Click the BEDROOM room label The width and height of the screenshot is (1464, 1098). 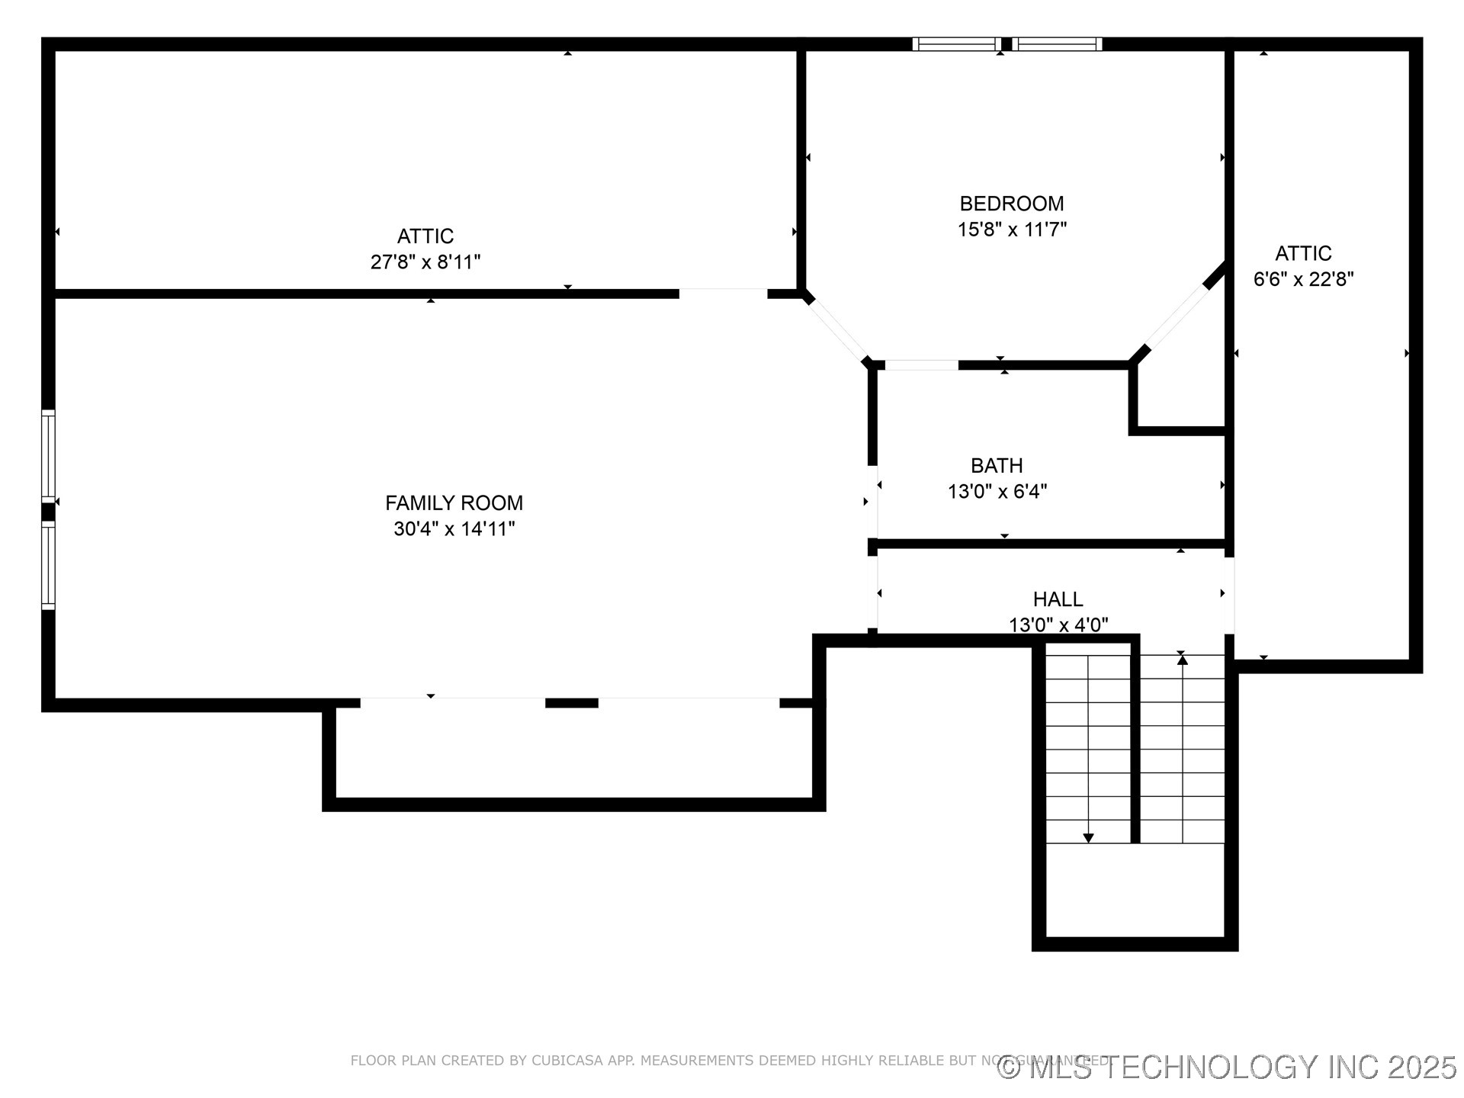[1011, 204]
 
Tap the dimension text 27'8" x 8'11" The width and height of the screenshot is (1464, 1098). [425, 262]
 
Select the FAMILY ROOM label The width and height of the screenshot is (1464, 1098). [454, 503]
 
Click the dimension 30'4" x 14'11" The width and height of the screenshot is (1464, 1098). [454, 529]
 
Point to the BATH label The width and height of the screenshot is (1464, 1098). [997, 465]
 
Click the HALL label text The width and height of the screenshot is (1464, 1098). [1058, 599]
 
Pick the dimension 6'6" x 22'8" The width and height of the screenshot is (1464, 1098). [1303, 279]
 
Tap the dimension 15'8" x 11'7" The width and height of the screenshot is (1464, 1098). [1011, 230]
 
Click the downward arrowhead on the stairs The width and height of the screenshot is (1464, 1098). [1088, 838]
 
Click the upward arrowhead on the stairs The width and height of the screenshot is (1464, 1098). [1182, 660]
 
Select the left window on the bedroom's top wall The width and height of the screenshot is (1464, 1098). [957, 44]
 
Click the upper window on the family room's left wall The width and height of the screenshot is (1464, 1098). [48, 455]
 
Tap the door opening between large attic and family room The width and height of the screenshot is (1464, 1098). [723, 294]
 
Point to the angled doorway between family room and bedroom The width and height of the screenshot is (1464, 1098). [836, 329]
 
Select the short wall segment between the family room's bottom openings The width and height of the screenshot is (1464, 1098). [571, 703]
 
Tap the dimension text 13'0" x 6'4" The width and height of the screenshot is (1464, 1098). [997, 492]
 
